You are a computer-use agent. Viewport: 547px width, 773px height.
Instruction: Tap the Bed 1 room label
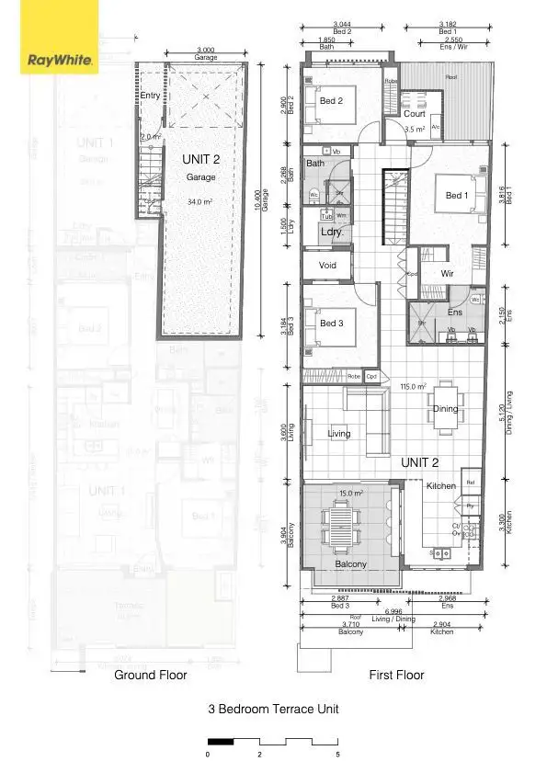[x=455, y=195]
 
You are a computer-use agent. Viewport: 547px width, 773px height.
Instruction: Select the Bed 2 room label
[x=331, y=101]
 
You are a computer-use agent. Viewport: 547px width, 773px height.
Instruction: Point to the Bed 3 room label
[x=331, y=324]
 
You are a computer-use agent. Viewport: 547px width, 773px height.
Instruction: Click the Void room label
[x=327, y=266]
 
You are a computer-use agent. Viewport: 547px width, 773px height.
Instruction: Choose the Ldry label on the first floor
[x=331, y=233]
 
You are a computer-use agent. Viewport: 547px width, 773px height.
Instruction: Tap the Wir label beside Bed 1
[x=448, y=274]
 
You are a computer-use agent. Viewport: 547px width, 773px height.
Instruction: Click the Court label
[x=415, y=114]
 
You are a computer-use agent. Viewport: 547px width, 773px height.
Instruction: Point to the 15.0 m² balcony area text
[x=351, y=494]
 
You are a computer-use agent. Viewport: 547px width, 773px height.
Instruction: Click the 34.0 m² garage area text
[x=200, y=200]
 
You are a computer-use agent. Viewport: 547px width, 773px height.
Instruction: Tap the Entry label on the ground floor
[x=150, y=96]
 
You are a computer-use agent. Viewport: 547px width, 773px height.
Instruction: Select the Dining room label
[x=446, y=409]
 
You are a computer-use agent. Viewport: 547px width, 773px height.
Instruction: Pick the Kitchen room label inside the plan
[x=441, y=485]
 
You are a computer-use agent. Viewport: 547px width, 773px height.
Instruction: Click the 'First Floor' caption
[x=396, y=675]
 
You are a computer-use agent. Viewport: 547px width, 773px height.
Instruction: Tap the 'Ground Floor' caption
[x=150, y=675]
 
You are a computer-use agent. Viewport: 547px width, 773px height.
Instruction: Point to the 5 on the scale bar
[x=337, y=754]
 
